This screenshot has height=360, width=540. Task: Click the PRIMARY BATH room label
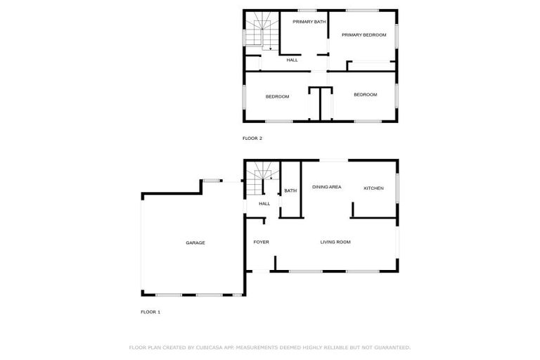[309, 22]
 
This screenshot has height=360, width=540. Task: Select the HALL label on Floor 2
[292, 60]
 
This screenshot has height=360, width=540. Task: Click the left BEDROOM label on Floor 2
[277, 96]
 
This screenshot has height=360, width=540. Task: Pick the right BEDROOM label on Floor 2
[365, 95]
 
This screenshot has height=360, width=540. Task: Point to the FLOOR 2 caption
[252, 139]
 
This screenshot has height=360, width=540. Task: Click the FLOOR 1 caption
[150, 311]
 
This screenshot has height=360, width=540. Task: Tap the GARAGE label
[195, 243]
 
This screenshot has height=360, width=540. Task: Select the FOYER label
[261, 243]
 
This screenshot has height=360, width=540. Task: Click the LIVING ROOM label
[335, 243]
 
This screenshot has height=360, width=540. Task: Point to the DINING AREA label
[327, 187]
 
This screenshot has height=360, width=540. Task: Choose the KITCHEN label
[373, 188]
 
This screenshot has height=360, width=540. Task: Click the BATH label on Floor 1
[290, 191]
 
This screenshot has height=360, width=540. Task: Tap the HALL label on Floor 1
[264, 204]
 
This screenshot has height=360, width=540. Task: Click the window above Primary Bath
[307, 10]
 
